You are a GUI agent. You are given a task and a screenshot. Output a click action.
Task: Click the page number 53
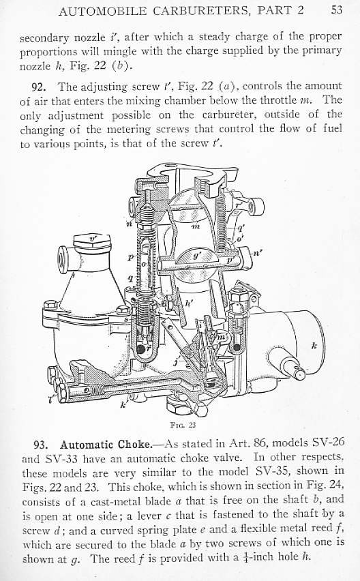tap(336, 10)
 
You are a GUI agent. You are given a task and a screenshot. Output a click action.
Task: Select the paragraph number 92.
tap(38, 87)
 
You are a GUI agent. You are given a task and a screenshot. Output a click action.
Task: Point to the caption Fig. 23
tap(183, 425)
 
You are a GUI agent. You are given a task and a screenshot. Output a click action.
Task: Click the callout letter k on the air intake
tap(314, 346)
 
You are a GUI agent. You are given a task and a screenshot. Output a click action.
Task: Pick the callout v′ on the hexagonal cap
tap(93, 239)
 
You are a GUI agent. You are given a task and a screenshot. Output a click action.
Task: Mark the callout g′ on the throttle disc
tap(198, 256)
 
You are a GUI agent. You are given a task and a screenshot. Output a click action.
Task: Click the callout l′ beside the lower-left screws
tap(52, 399)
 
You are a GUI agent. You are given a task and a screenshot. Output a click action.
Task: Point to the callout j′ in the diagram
tap(177, 359)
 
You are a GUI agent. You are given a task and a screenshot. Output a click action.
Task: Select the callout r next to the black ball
tap(148, 349)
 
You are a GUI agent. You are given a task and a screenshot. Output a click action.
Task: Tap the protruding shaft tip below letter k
tap(299, 374)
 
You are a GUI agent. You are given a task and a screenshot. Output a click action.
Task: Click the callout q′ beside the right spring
tap(240, 229)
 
